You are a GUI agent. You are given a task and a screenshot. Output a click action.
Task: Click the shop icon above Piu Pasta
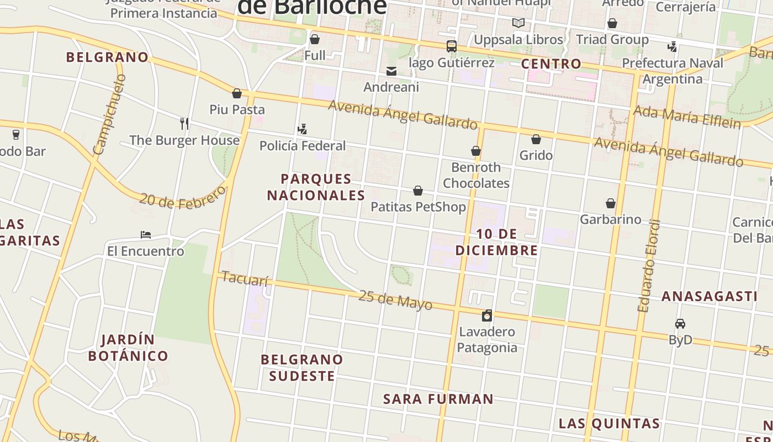click(237, 93)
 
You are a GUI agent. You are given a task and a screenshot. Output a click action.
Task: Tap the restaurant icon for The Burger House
click(184, 123)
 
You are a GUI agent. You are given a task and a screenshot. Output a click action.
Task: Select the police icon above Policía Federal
click(302, 129)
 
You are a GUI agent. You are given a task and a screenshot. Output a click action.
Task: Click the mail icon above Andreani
click(391, 71)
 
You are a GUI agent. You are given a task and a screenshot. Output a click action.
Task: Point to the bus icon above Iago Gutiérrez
click(452, 46)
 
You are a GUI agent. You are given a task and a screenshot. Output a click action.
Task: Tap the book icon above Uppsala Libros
click(518, 23)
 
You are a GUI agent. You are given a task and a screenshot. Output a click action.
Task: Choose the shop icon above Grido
click(536, 139)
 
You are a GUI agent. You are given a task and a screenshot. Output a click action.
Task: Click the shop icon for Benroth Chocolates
click(476, 151)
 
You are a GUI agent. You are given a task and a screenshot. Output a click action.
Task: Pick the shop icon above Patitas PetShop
click(418, 191)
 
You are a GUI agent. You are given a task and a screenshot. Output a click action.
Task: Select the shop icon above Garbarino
click(611, 203)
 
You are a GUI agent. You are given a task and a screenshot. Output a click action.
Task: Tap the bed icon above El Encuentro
click(146, 235)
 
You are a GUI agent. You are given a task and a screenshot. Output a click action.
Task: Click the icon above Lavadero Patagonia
click(487, 315)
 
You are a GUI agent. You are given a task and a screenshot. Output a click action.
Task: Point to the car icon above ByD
click(680, 324)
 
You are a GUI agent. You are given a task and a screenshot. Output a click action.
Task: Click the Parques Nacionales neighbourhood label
click(316, 187)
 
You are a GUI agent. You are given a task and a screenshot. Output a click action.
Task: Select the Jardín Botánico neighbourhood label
click(128, 348)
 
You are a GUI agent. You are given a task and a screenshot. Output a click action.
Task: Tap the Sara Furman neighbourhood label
click(438, 399)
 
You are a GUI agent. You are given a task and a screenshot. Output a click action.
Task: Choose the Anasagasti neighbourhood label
click(710, 297)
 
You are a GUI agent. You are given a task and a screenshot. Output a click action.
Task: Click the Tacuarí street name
click(245, 280)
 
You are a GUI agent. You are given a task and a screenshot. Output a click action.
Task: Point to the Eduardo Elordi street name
click(649, 266)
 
